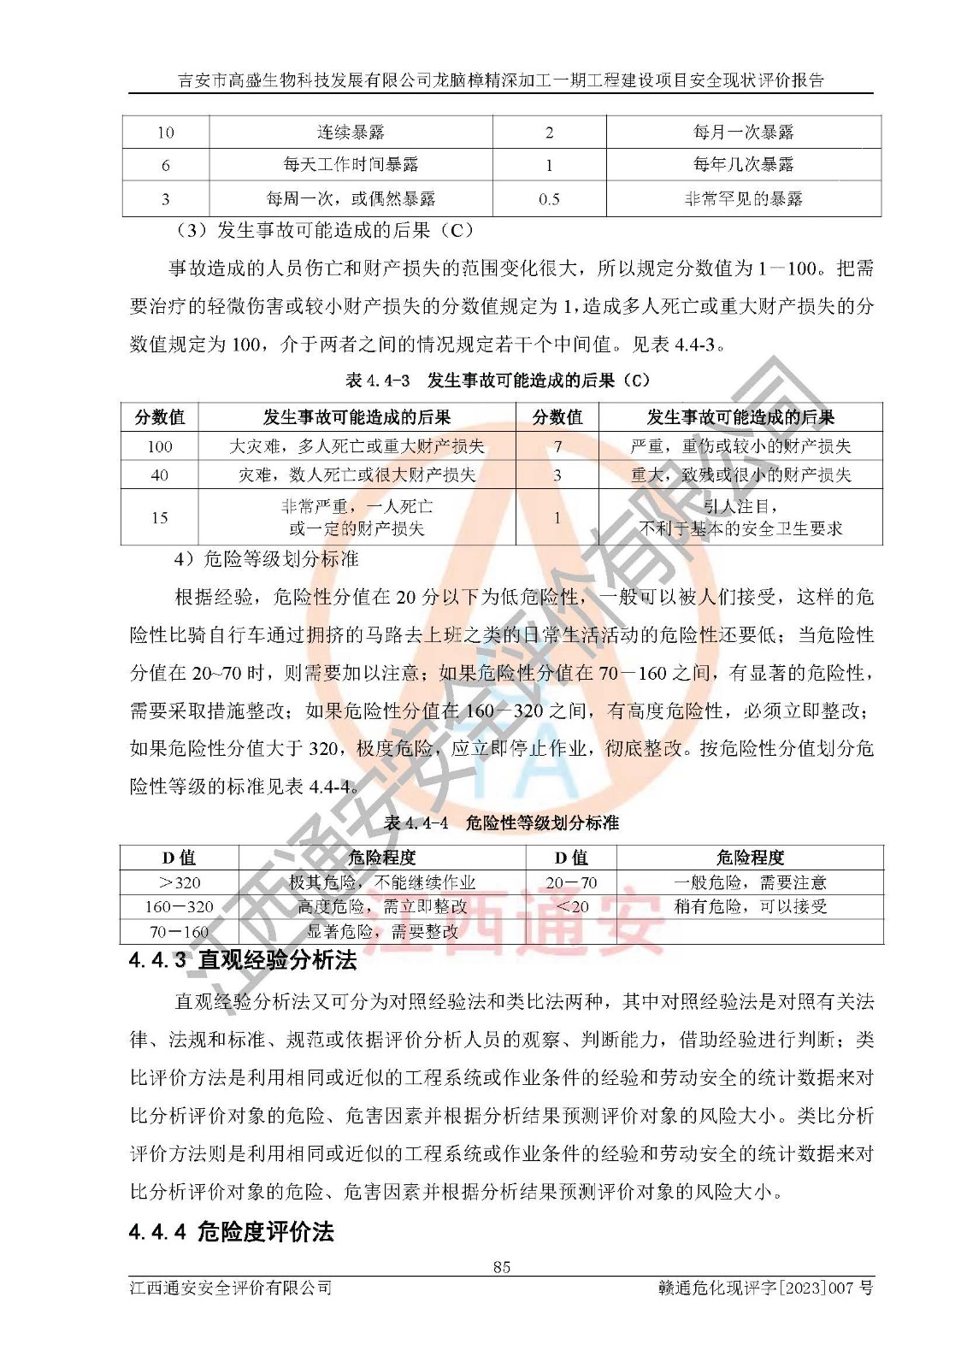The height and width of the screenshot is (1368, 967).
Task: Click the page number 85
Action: coord(501,1266)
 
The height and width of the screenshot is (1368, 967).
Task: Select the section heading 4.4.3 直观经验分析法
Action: coord(242,960)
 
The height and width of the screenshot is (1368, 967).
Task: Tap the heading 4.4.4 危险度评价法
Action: coord(231,1232)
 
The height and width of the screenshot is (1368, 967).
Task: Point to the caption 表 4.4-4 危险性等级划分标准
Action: coord(501,823)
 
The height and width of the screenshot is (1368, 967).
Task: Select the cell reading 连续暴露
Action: coord(351,132)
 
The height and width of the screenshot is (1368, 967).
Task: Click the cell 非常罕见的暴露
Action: coord(743,199)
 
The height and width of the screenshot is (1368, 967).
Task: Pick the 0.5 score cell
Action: coord(549,199)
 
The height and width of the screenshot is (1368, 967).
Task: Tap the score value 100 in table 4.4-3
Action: coord(160,445)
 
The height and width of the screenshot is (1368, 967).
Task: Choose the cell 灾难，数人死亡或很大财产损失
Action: coord(357,475)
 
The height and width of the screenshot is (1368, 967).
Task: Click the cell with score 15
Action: coord(160,517)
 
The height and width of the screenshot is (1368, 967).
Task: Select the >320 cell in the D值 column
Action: coord(180,882)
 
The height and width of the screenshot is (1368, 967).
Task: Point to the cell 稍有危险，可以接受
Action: coord(750,906)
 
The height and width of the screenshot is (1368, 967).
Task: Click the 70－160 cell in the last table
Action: coord(180,931)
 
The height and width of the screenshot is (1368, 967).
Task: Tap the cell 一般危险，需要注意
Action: coord(750,882)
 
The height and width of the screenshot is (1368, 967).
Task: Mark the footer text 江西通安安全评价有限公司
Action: coord(230,1288)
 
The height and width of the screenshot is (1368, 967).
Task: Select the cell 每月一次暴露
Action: coord(743,132)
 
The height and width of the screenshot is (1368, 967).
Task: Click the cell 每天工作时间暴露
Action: coord(351,165)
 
